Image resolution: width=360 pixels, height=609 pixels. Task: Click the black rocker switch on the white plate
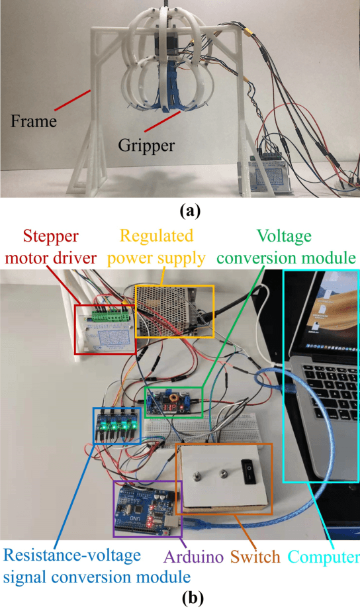tap(248, 471)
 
